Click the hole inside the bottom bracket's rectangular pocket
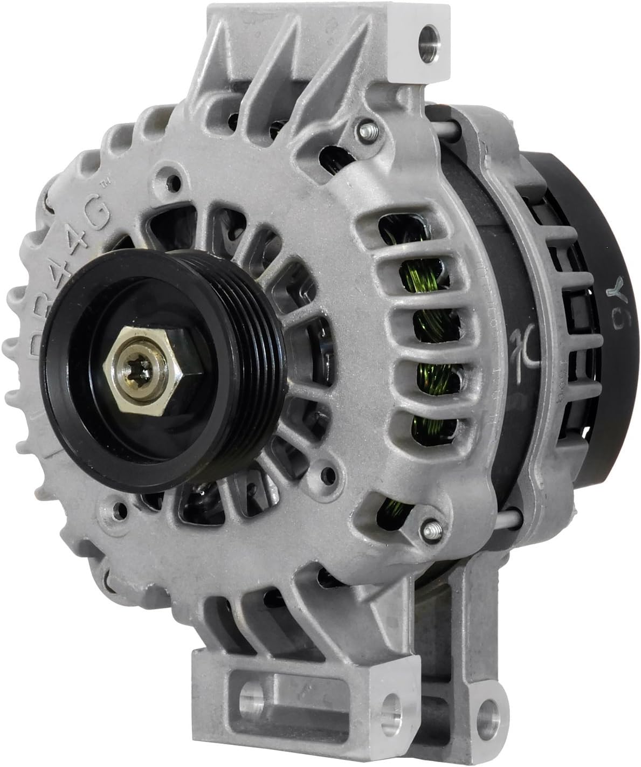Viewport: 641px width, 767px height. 251,694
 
